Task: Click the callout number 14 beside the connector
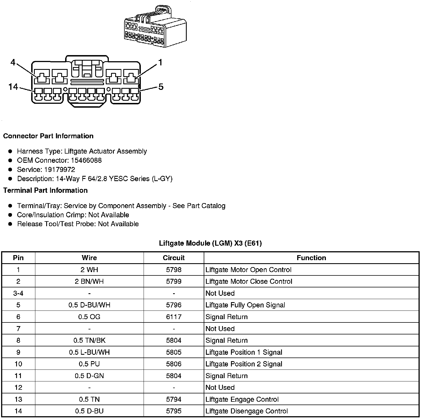pos(13,87)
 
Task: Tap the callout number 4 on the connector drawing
pos(13,62)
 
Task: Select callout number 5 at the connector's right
pos(161,87)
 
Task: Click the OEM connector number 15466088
pos(86,160)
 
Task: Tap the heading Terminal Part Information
pos(45,190)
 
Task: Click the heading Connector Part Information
pos(48,136)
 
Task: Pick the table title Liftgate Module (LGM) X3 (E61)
pos(210,243)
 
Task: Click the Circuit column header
pos(174,258)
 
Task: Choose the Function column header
pos(311,258)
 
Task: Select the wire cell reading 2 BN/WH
pos(89,281)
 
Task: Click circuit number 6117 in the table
pos(174,317)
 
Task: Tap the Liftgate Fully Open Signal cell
pos(245,305)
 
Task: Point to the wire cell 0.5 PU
pos(89,364)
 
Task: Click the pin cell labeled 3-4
pos(18,293)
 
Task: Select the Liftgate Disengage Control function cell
pos(247,411)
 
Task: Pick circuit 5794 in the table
pos(174,399)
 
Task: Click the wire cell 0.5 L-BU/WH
pos(89,352)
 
